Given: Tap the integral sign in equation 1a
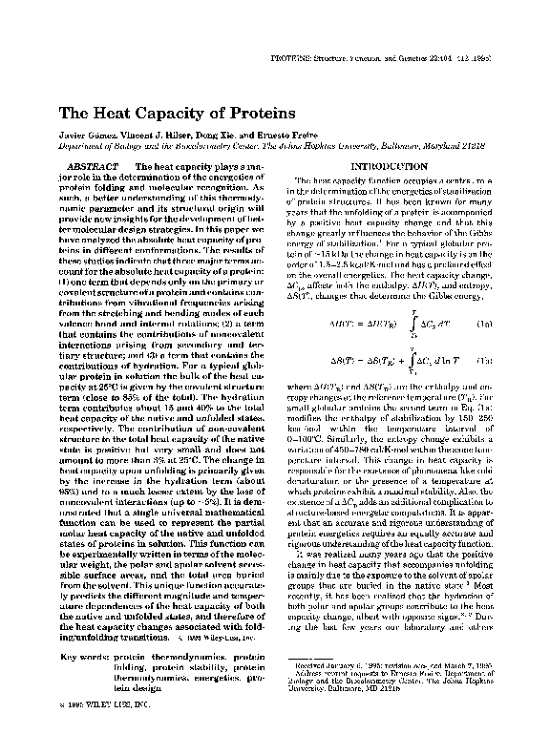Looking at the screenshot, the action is pos(384,324).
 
